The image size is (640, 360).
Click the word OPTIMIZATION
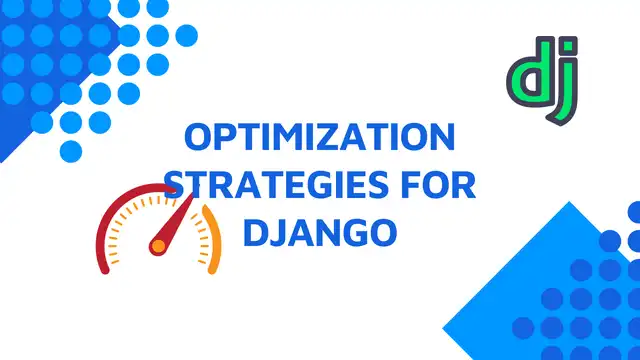tap(320, 139)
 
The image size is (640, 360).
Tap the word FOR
tap(432, 186)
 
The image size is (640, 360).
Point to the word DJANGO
tap(320, 233)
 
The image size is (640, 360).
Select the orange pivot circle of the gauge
tap(158, 244)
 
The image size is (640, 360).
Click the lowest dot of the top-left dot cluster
tap(71, 151)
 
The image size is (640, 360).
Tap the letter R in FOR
tap(462, 186)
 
